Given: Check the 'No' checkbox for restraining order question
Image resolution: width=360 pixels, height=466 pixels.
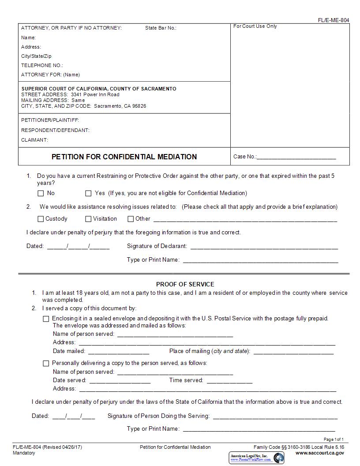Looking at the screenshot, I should click(x=41, y=193).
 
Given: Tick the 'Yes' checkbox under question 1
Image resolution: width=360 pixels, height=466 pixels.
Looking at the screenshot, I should click(x=88, y=193).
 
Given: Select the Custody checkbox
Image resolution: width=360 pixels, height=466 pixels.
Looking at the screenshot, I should click(x=41, y=219).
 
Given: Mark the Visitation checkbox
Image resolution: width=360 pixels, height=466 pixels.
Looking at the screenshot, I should click(x=88, y=219).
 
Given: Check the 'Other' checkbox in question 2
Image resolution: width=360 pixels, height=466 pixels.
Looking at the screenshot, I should click(x=131, y=219).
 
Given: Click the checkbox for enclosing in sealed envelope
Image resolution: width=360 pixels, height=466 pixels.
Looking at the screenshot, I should click(x=46, y=319).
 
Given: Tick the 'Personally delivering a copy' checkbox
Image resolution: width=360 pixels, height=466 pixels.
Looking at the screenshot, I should click(x=46, y=363).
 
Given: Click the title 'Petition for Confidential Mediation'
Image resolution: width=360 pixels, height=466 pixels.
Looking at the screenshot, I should click(x=124, y=157).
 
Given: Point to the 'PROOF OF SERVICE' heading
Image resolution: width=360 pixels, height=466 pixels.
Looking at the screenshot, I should click(x=185, y=284).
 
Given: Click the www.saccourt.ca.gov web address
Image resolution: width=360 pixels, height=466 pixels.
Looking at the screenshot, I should click(x=319, y=453).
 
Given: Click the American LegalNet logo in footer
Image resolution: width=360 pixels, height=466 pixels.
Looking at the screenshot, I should click(x=256, y=458).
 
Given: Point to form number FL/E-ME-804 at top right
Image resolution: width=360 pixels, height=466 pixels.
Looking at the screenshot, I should click(x=333, y=20).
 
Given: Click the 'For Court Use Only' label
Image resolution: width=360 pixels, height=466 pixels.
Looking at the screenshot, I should click(x=255, y=26).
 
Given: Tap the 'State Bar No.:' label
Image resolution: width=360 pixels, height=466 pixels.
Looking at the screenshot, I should click(x=161, y=28).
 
